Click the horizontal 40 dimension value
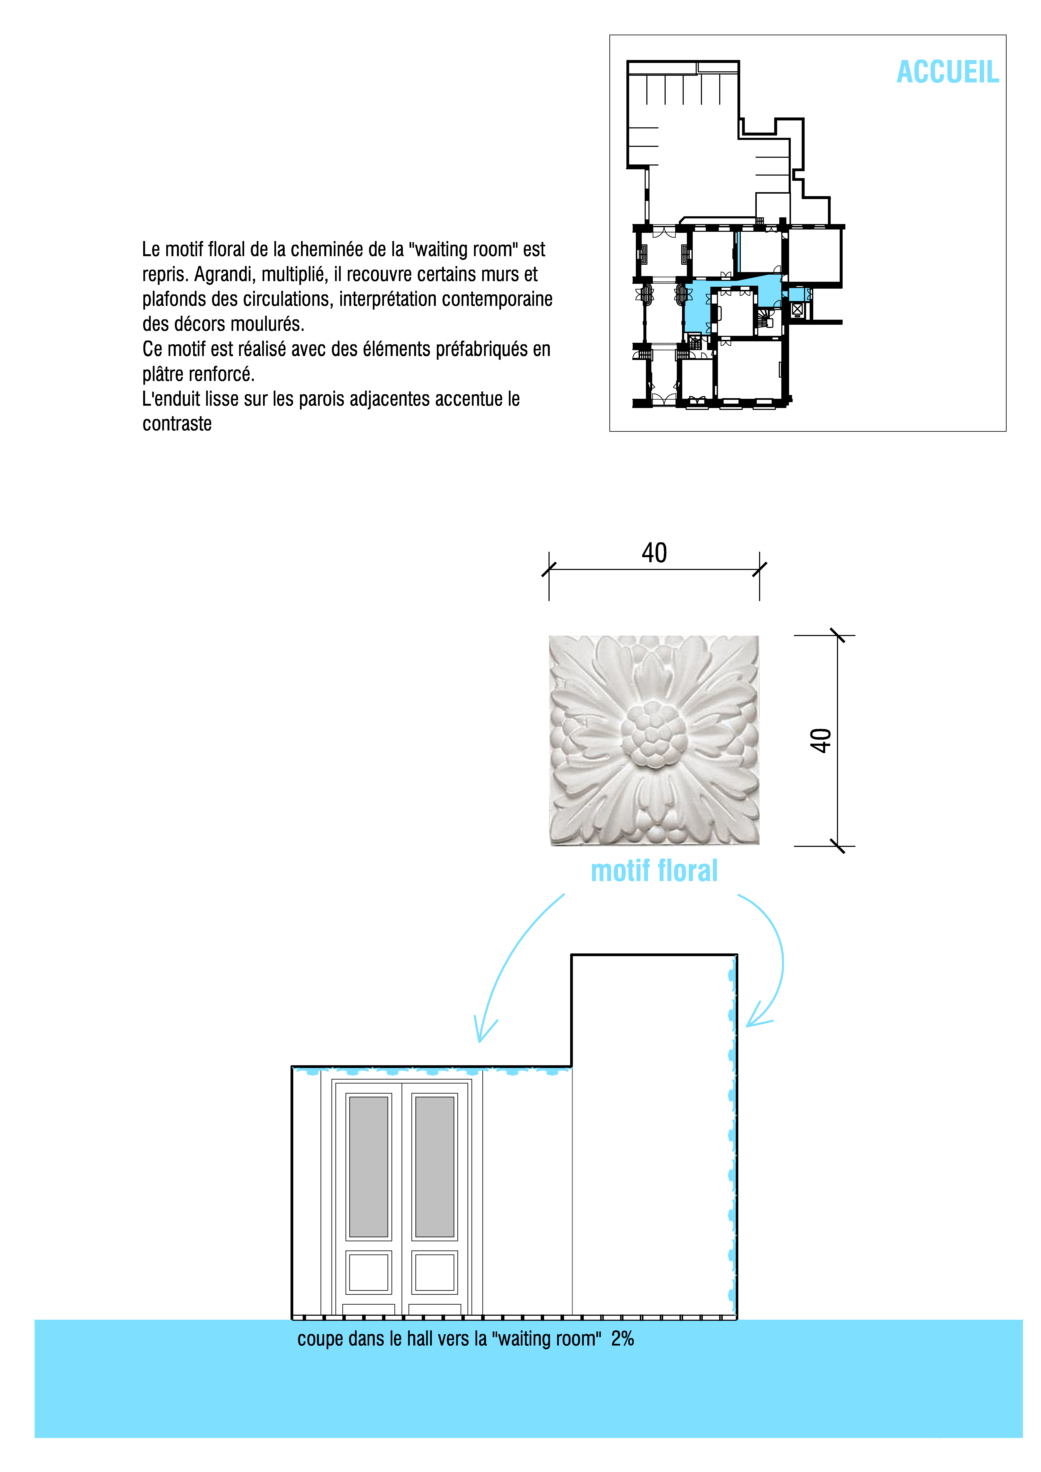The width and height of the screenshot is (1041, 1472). [654, 553]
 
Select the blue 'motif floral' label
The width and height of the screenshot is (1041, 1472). [654, 871]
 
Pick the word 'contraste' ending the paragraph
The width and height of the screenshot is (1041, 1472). [177, 424]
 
